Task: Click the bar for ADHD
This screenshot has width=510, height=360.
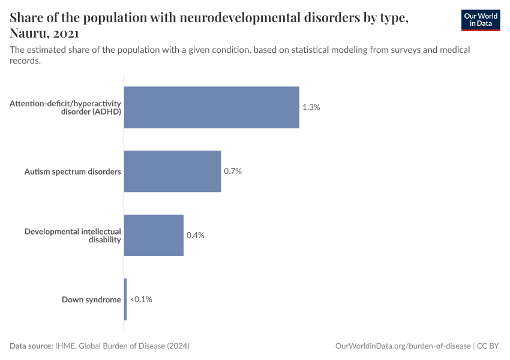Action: pos(211,107)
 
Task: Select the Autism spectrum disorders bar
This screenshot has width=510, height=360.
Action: pos(172,171)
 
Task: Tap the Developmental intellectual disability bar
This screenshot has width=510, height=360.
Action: pos(154,235)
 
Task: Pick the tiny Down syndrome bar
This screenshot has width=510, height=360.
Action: pos(125,299)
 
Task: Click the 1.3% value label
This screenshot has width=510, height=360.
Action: pos(311,107)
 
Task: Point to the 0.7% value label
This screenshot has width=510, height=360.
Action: pos(233,171)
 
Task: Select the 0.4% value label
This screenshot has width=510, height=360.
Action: pos(196,235)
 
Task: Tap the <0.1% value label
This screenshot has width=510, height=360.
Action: pos(141,299)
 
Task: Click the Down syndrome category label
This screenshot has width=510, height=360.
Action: pos(91,299)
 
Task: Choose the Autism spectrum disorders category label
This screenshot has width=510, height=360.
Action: pos(73,172)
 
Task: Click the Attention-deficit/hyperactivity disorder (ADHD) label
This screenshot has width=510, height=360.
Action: pos(65,107)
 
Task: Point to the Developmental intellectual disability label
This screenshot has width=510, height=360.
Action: pos(73,235)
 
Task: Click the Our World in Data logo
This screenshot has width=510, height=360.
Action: pos(480,20)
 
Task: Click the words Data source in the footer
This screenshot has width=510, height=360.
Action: pos(31,346)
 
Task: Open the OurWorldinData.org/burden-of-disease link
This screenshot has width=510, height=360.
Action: pos(403,346)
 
